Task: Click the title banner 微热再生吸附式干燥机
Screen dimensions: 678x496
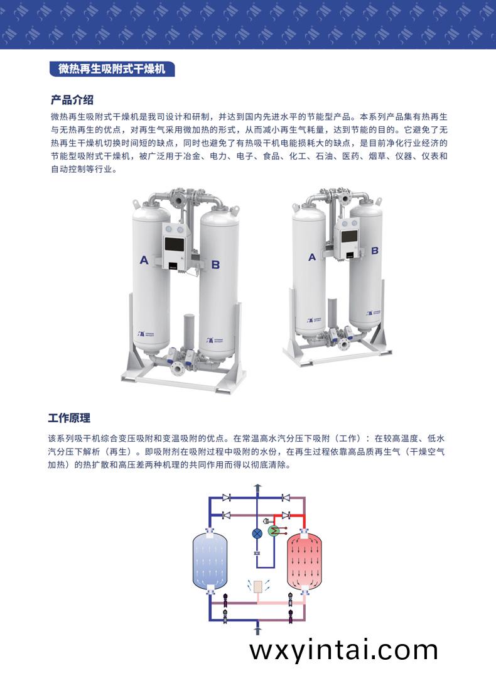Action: pos(112,69)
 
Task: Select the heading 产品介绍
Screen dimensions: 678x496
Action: pos(72,100)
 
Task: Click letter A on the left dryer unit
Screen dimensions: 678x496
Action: pos(144,260)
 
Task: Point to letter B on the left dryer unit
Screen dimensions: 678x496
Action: pos(215,265)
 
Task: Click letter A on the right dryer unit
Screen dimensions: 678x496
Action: pos(312,256)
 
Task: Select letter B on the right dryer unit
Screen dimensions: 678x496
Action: pos(375,249)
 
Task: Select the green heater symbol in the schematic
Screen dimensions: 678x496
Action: pos(274,531)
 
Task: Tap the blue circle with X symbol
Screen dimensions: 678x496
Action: pos(257,533)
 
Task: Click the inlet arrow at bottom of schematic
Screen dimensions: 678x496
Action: pos(257,628)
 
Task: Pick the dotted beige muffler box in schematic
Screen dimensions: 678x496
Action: pos(257,586)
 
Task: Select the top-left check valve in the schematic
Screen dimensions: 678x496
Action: pos(227,498)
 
